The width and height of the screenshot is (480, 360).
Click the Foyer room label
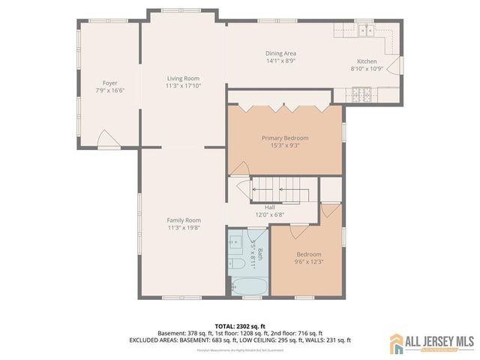coord(109,82)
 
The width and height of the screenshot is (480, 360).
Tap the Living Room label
coord(182,78)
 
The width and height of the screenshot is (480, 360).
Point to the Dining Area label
coord(281,53)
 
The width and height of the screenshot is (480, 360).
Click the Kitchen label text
coord(367,61)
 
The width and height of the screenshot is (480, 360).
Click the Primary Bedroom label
coord(284,138)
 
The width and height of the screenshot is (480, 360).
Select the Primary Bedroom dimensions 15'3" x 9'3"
coord(284,145)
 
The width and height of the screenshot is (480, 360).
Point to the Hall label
coord(270,208)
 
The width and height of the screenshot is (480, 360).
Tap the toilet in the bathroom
coord(235,264)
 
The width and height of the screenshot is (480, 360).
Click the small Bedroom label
coord(308,254)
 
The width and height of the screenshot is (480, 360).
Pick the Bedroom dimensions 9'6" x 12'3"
coord(308,262)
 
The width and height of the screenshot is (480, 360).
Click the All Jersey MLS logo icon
coord(396,343)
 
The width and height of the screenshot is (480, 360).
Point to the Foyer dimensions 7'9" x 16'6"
coord(109,90)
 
